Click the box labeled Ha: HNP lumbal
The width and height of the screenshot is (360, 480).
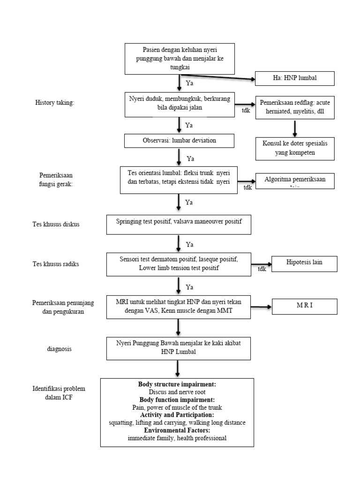(294, 78)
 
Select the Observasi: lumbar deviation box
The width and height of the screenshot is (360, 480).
(179, 141)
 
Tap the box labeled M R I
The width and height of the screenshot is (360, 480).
(304, 306)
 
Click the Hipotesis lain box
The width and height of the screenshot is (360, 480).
(304, 263)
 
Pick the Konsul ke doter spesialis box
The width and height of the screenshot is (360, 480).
(295, 148)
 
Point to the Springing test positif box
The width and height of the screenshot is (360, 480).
(179, 225)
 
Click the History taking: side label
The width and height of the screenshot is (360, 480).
(55, 103)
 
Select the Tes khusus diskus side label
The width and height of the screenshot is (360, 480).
(56, 224)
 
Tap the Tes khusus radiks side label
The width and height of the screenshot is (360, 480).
(56, 264)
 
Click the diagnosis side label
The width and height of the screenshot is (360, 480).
(59, 349)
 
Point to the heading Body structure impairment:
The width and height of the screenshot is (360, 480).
(177, 384)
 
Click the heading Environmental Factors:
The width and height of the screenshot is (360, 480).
(177, 430)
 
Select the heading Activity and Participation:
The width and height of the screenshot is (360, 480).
(177, 415)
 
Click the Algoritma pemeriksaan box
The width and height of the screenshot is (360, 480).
(295, 181)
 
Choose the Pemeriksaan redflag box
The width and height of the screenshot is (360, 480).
(295, 108)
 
